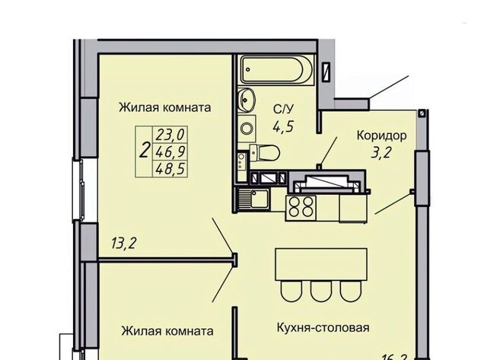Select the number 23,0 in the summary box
(x=169, y=135)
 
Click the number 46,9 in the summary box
(x=169, y=151)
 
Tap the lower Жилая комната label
(x=166, y=331)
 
